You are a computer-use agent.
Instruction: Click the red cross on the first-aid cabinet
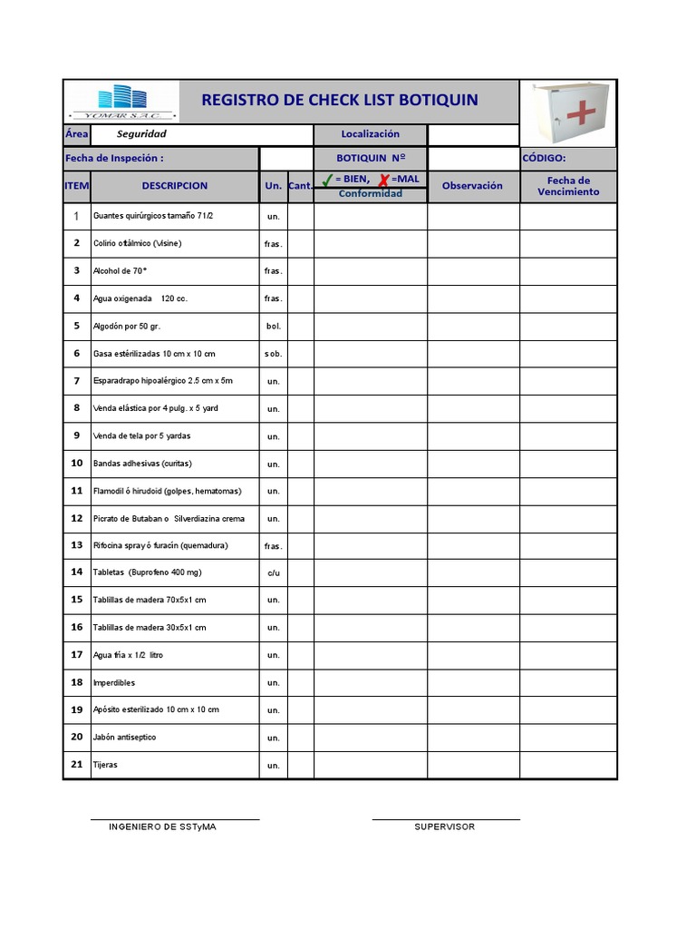[x=581, y=112]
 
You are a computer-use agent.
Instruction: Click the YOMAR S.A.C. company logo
[x=124, y=102]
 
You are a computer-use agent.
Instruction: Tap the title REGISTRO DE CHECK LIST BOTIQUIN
[x=339, y=100]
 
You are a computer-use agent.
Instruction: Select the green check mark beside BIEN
[x=327, y=180]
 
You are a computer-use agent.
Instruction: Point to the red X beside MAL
[x=383, y=180]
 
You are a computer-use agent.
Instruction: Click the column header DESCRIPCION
[x=175, y=186]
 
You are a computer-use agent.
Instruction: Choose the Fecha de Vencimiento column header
[x=568, y=186]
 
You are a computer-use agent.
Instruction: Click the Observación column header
[x=472, y=186]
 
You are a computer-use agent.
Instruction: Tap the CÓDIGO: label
[x=544, y=158]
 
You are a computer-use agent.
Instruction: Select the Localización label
[x=370, y=134]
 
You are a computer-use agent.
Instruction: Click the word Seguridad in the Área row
[x=141, y=134]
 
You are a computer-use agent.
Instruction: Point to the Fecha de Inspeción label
[x=114, y=158]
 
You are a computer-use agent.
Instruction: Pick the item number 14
[x=77, y=572]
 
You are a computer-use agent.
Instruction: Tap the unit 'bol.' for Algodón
[x=274, y=326]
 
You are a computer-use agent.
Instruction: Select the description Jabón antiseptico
[x=124, y=738]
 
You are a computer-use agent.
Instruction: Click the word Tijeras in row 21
[x=105, y=765]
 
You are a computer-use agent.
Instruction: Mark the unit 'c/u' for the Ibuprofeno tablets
[x=274, y=573]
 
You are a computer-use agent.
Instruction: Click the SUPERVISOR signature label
[x=444, y=826]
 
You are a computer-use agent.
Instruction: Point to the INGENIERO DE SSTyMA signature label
[x=162, y=826]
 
